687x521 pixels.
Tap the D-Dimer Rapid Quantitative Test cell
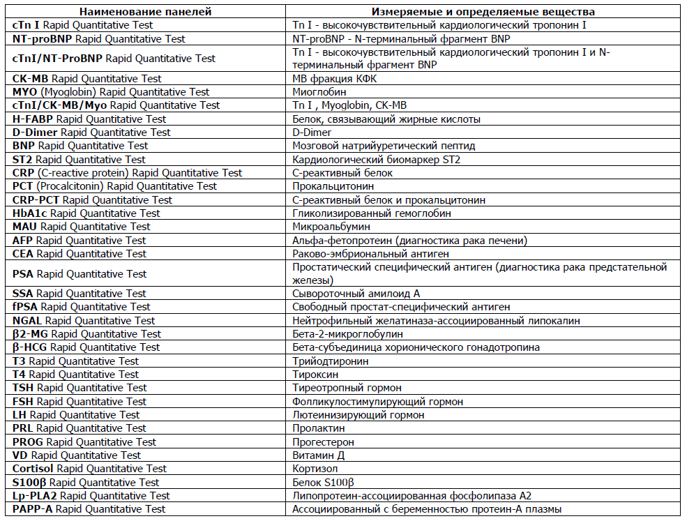coord(91,133)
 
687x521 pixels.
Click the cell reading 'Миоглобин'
coord(319,92)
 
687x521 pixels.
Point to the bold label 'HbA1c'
coord(30,213)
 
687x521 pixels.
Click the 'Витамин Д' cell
coord(318,455)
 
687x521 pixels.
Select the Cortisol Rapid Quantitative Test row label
coord(90,469)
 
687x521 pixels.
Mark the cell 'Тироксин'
coord(313,375)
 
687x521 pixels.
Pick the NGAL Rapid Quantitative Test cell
coord(84,321)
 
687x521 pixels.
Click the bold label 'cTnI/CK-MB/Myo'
coord(60,105)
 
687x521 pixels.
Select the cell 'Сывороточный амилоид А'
coord(356,294)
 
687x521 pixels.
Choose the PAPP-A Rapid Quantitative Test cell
coord(89,509)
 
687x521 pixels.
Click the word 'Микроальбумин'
coord(331,227)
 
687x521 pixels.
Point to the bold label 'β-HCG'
coord(30,347)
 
